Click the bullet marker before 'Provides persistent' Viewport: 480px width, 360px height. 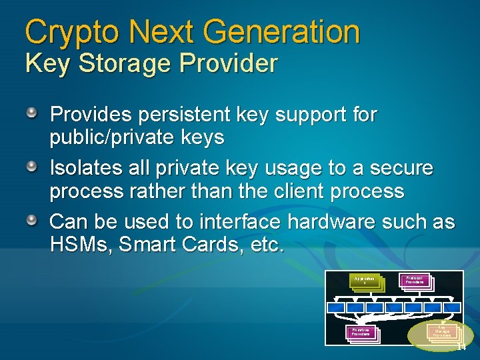tap(31, 113)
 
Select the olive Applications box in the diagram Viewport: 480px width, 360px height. tap(365, 282)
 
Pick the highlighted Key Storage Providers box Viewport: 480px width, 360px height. tap(441, 331)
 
